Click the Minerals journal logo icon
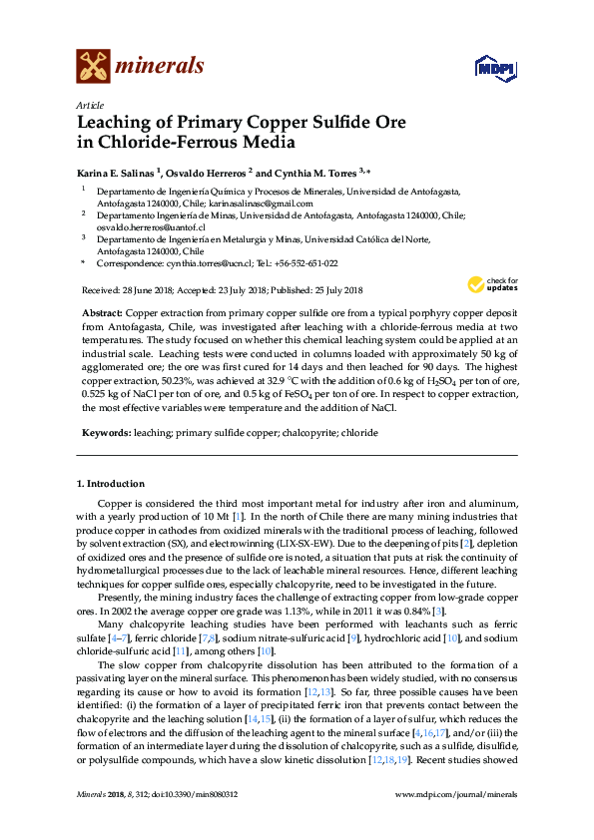click(93, 67)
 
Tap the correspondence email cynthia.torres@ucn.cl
click(196, 263)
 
